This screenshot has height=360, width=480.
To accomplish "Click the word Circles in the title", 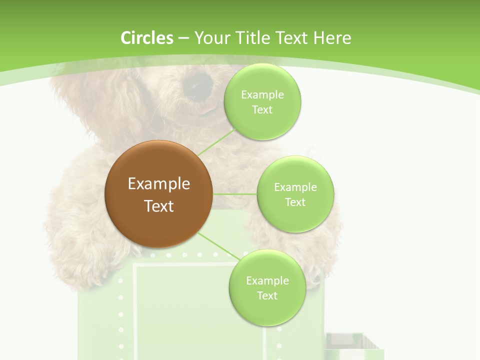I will [x=146, y=38].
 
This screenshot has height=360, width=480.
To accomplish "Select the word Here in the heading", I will [x=332, y=38].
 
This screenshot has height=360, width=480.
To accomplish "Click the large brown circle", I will [x=158, y=194].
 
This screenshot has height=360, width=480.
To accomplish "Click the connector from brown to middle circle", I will [x=234, y=193].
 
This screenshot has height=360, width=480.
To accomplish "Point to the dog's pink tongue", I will [x=206, y=108].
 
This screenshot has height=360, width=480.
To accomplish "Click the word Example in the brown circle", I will [x=158, y=184].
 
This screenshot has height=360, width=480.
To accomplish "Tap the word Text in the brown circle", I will [x=158, y=206].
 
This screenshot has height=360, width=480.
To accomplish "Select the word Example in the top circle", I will [x=262, y=94].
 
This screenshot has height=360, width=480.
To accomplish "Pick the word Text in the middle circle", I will [x=295, y=202].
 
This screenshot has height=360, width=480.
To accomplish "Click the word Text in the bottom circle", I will [x=267, y=295].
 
